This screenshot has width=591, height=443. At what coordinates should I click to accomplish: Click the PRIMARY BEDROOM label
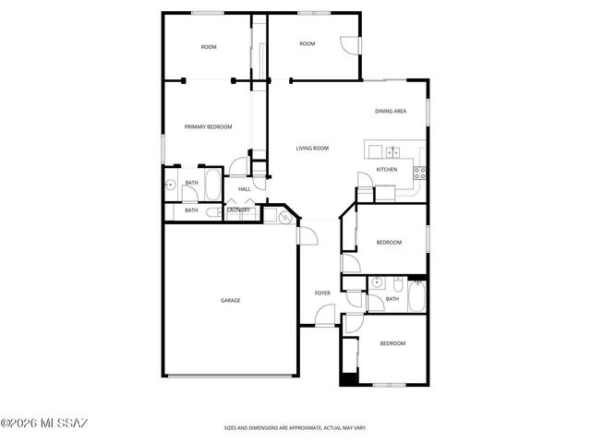pos(208,126)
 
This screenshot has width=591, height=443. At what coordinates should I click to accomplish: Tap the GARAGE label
pos(230,300)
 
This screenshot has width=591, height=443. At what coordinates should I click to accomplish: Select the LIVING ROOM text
pos(312,148)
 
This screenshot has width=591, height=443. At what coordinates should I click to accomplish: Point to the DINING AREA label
pos(391,112)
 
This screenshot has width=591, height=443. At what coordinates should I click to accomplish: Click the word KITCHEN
pos(387,170)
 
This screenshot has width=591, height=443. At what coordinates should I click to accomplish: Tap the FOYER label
pos(322,293)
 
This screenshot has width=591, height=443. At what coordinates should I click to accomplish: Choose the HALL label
pos(245,189)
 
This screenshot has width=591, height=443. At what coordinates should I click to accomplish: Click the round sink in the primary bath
pos(171,185)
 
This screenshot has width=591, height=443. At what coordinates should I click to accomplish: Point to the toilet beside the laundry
pos(211,213)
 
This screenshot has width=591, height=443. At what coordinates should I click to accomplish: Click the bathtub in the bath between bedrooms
pos(416,298)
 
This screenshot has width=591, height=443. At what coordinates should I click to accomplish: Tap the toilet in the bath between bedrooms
pos(396,283)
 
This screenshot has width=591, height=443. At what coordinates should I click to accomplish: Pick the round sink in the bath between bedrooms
pos(376,282)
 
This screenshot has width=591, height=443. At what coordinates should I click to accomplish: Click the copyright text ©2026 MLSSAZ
pos(44,424)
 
